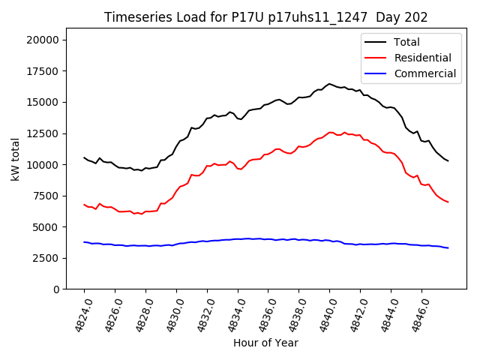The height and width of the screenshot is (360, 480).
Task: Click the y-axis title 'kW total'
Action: click(16, 160)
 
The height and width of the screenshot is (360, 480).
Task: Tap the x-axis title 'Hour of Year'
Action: click(265, 343)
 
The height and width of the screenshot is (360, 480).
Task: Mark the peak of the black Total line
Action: click(329, 84)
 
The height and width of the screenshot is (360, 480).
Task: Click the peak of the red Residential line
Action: click(330, 132)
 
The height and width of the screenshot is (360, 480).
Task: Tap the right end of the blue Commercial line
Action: click(448, 247)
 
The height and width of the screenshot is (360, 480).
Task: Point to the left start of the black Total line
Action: click(84, 157)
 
